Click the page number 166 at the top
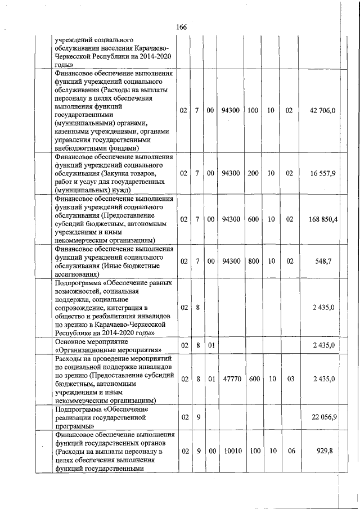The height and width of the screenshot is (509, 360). tap(181, 28)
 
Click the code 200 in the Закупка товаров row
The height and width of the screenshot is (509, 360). tap(253, 173)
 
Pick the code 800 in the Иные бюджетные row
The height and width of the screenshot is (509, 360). tap(253, 262)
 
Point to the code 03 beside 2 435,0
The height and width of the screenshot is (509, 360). tap(289, 379)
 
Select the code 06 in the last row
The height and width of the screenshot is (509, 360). tap(289, 452)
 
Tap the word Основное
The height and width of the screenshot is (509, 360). tap(71, 341)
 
